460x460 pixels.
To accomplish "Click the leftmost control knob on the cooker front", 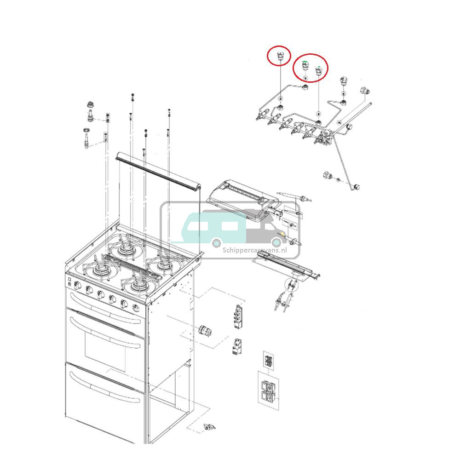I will tap(78, 287).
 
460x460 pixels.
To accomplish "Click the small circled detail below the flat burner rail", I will tap(291, 285).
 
